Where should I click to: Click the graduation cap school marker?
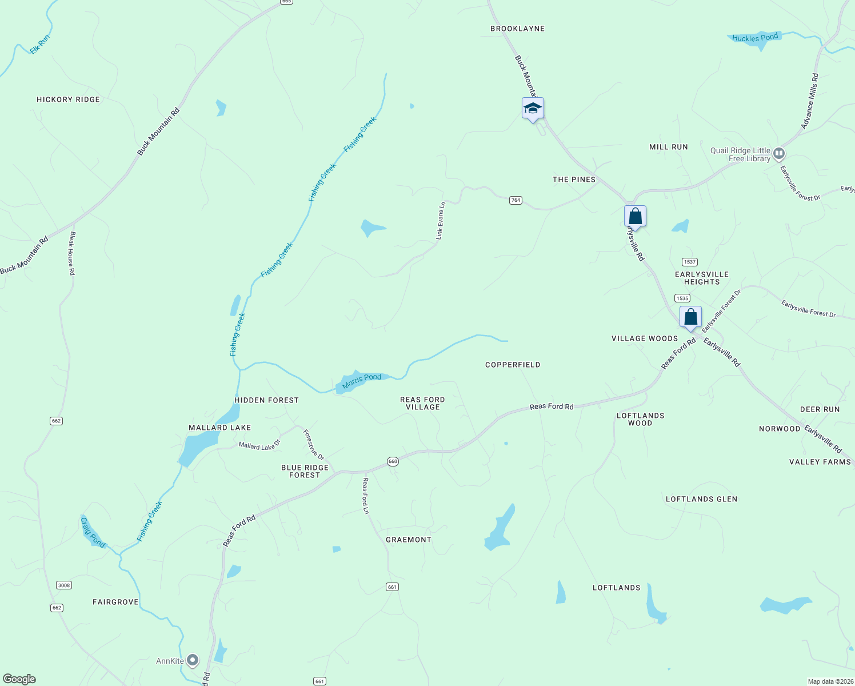[533, 108]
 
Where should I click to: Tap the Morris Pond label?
[361, 381]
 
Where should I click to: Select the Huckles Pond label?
[755, 38]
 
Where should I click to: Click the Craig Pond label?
[93, 532]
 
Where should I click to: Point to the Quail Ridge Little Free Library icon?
[778, 153]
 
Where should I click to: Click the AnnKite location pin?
[193, 660]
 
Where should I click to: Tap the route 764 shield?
[516, 200]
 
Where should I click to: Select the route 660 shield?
[393, 461]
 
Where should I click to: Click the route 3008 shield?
[63, 585]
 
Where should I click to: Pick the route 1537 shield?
[690, 262]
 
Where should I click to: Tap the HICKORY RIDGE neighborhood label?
[68, 99]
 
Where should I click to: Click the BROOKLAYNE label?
[517, 29]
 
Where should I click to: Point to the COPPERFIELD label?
[513, 365]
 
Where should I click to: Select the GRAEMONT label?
[408, 540]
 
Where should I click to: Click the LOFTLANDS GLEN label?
[701, 499]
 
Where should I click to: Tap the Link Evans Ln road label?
[440, 221]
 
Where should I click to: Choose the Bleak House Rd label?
[72, 253]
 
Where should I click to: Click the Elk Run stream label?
[40, 45]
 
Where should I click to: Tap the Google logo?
[19, 679]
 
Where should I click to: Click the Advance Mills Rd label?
[809, 101]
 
